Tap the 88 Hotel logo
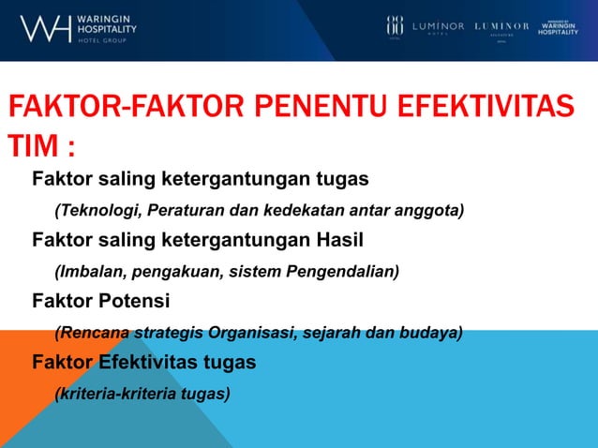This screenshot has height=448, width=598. tap(395, 26)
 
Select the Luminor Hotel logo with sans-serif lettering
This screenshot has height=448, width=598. tap(438, 27)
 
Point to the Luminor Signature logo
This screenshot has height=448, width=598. tap(501, 27)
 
